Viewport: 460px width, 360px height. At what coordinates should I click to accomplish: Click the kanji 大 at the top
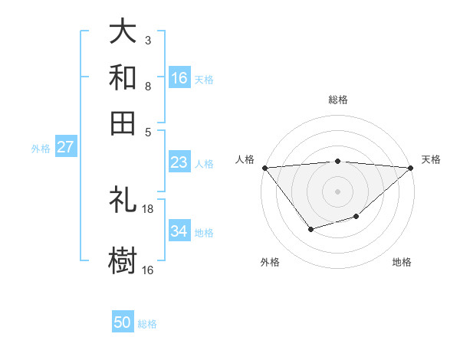pyautogui.click(x=123, y=33)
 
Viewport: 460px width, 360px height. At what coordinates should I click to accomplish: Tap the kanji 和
pyautogui.click(x=123, y=78)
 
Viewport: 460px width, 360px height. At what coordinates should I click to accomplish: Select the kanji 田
pyautogui.click(x=123, y=123)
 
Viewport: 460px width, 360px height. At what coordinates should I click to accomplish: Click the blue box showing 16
pyautogui.click(x=179, y=78)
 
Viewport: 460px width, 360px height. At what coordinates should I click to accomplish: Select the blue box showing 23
pyautogui.click(x=179, y=162)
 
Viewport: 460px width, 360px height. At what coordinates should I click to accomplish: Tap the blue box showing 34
pyautogui.click(x=179, y=231)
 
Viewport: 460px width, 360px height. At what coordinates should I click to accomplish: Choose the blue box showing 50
pyautogui.click(x=123, y=322)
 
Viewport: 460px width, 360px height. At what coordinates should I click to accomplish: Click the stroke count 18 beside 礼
pyautogui.click(x=148, y=209)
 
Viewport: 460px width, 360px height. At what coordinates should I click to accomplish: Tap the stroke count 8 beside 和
pyautogui.click(x=148, y=87)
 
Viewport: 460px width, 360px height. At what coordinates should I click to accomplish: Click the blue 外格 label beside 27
pyautogui.click(x=41, y=149)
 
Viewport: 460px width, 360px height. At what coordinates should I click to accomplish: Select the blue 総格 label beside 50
pyautogui.click(x=147, y=324)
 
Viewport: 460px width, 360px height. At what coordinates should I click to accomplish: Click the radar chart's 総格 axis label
pyautogui.click(x=337, y=100)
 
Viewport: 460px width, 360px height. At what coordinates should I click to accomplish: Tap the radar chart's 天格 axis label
pyautogui.click(x=431, y=159)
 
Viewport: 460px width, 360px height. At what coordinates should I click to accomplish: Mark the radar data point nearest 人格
pyautogui.click(x=264, y=168)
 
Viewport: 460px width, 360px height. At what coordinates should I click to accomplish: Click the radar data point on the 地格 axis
pyautogui.click(x=356, y=218)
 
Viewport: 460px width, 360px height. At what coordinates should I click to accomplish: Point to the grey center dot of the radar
pyautogui.click(x=337, y=191)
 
